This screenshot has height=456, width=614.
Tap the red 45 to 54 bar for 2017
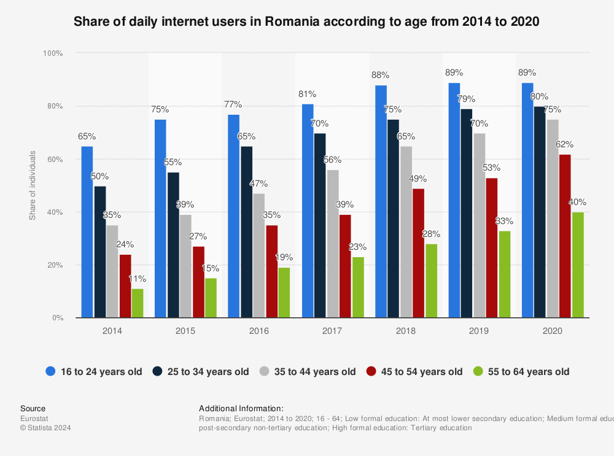[345, 266]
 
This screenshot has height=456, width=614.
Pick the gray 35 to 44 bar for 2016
[259, 256]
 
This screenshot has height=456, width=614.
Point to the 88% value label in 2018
[381, 75]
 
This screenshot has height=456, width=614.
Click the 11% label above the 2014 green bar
[138, 279]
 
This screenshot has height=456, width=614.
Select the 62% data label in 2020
[565, 145]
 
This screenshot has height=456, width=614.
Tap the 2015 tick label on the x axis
[185, 331]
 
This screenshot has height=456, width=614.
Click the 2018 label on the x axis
[405, 331]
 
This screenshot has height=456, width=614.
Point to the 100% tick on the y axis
[53, 53]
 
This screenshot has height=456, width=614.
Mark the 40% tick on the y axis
[55, 212]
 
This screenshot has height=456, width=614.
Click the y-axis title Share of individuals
[33, 185]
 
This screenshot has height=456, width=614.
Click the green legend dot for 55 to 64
[478, 371]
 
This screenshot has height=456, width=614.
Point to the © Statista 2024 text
[46, 428]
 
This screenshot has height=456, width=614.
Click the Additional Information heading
[241, 408]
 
